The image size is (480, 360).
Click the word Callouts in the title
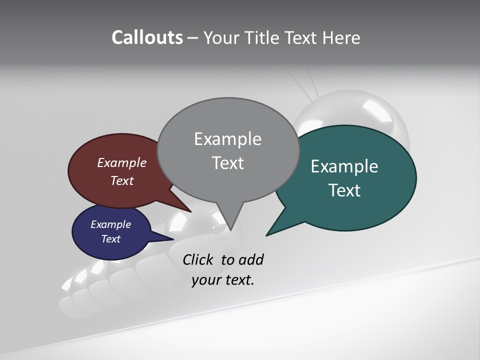point(147,37)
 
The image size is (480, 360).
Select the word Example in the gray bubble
point(227,139)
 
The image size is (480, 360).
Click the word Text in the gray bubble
point(227,163)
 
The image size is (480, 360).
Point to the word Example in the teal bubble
point(344,166)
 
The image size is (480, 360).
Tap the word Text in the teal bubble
point(344,190)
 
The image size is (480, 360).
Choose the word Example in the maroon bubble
point(122,162)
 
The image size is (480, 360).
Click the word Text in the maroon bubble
point(122,180)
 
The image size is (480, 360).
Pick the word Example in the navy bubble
point(110,224)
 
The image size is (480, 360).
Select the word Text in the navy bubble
point(110,239)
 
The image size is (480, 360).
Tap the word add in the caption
point(251,259)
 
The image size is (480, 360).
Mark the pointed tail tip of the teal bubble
point(266,235)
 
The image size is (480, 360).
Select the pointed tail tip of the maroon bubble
point(191,212)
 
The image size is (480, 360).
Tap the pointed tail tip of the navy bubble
point(173,239)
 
